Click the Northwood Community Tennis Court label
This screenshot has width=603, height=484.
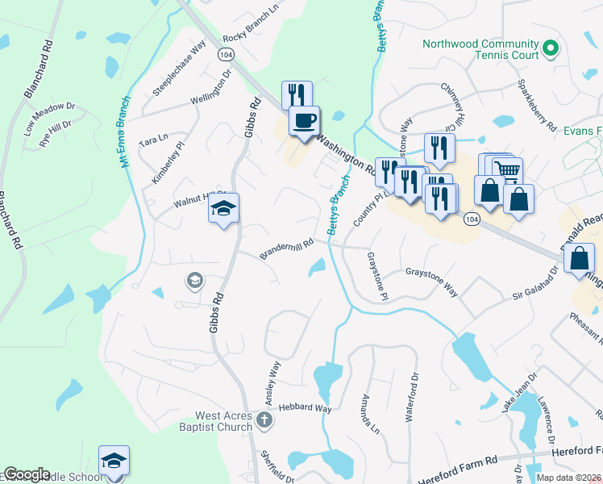[x=480, y=49]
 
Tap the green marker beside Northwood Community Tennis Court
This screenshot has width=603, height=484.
[x=551, y=48]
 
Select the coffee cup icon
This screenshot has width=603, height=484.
[x=304, y=122]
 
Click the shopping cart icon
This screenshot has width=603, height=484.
[x=507, y=170]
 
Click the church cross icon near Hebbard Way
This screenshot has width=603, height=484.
[x=264, y=419]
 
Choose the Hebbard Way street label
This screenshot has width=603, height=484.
[x=306, y=409]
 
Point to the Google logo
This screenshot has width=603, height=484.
[x=27, y=474]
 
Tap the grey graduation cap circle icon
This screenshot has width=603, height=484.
[x=194, y=281]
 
